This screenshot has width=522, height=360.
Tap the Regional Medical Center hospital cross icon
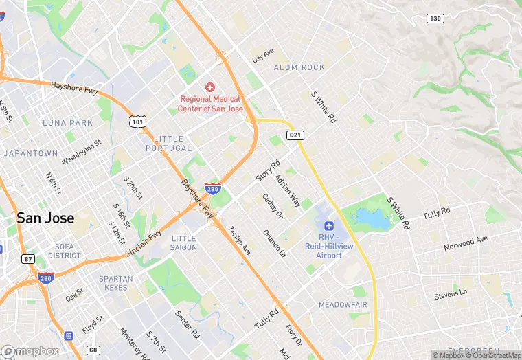click(x=210, y=87)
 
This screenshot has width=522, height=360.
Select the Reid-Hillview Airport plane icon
click(x=328, y=225)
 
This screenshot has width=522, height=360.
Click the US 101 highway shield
click(x=137, y=121)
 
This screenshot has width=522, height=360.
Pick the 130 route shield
click(x=435, y=19)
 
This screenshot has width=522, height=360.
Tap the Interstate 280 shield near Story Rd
click(x=212, y=187)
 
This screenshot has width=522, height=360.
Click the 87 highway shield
click(x=27, y=259)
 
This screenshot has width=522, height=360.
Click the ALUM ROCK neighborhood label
click(x=299, y=67)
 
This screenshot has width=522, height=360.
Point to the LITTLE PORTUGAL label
click(x=168, y=143)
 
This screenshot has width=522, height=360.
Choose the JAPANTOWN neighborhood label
click(x=30, y=153)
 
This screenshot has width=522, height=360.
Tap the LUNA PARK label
click(x=67, y=123)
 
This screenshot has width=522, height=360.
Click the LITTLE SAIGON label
click(x=183, y=243)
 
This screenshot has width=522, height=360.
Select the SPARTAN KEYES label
click(x=115, y=283)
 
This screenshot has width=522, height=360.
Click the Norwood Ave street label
click(x=465, y=242)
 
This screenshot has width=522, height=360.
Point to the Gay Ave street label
click(x=263, y=56)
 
